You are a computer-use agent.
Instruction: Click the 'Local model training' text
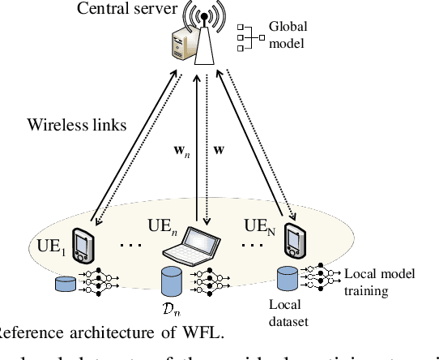[x=378, y=281]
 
